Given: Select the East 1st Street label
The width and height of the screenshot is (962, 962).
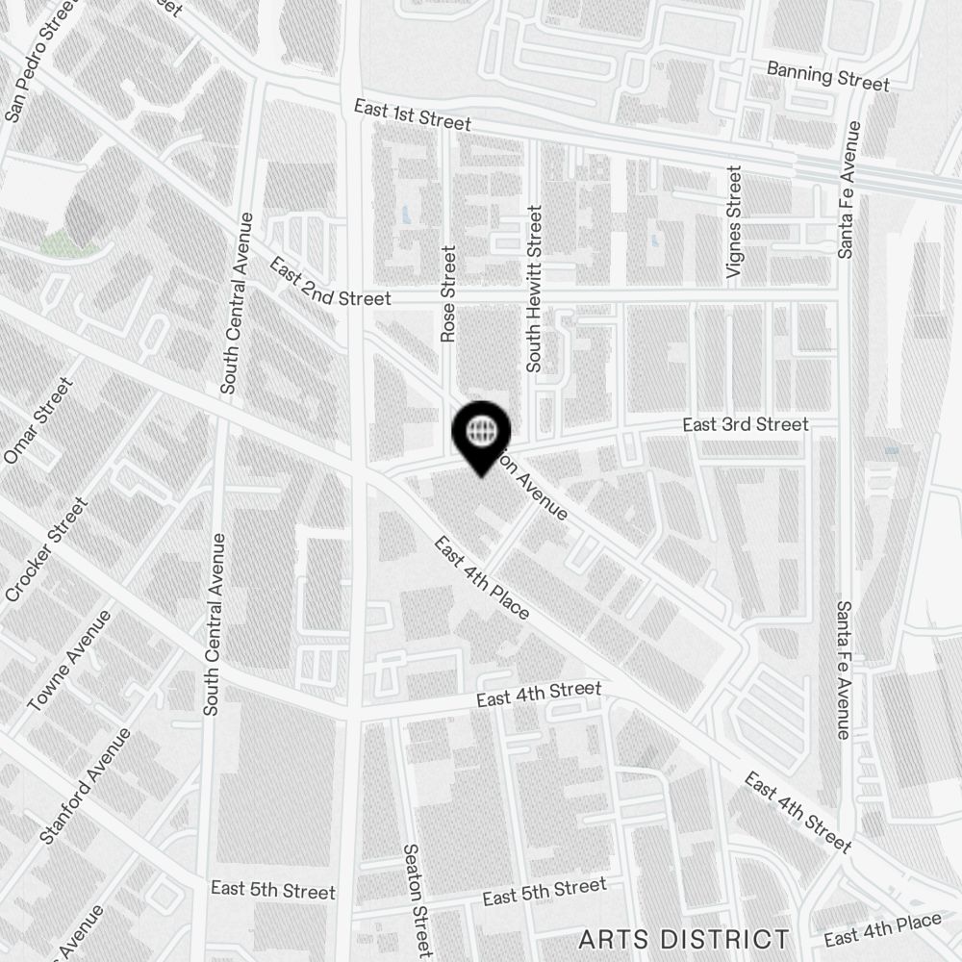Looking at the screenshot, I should [x=412, y=115].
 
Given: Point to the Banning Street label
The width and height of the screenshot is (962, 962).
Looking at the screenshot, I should [x=827, y=76].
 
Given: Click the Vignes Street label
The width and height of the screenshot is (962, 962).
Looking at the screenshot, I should [x=735, y=222].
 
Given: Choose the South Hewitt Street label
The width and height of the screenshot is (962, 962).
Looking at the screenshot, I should [x=535, y=288].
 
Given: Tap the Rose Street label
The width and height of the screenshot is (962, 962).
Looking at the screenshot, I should [x=448, y=293].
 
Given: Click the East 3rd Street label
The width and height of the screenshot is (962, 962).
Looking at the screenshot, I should [x=746, y=424].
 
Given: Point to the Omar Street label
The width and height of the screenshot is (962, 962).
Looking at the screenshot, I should [x=38, y=421].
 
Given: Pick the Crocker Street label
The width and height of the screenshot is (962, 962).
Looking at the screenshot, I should [x=46, y=550].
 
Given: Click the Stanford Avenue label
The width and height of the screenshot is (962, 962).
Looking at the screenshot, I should [x=86, y=786].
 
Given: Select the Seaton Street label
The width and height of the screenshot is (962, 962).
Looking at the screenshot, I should [x=416, y=899].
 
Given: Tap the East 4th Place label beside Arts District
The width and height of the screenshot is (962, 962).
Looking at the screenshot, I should [x=882, y=929].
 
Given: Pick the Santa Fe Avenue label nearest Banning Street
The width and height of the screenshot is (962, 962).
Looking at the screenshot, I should [x=848, y=190].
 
